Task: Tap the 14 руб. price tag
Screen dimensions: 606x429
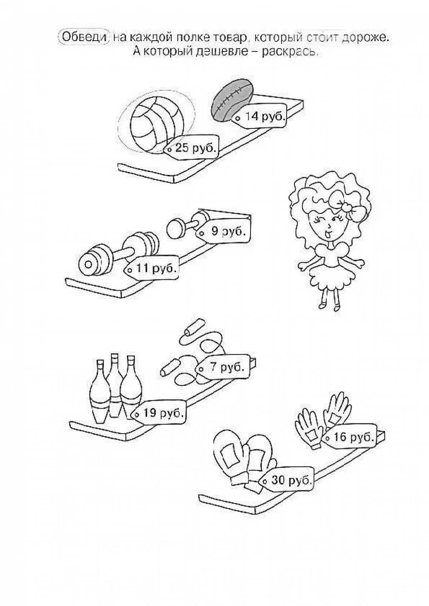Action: point(261,116)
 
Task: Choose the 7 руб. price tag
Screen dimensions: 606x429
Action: point(223,367)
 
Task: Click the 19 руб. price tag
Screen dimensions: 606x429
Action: point(160,413)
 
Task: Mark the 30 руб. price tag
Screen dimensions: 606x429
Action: point(288,480)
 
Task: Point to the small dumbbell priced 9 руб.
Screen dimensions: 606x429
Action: point(186,224)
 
